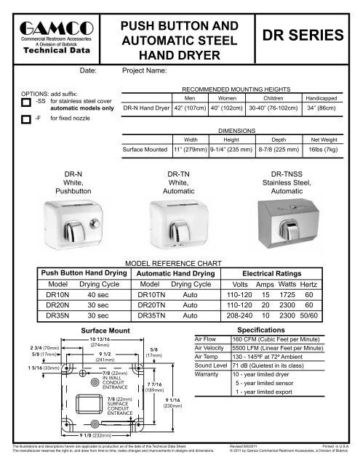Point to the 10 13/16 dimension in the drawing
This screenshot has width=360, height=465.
coord(100,339)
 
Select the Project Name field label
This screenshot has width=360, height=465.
coord(145,72)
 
